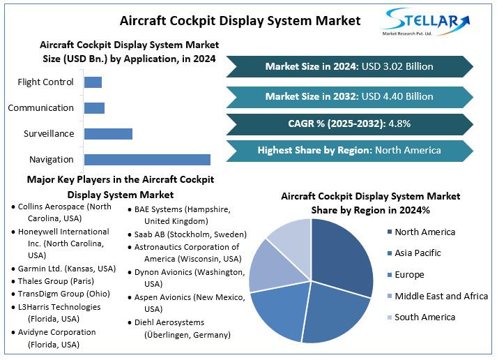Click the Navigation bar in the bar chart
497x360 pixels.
[x=147, y=160]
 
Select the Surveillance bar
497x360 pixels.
[x=108, y=134]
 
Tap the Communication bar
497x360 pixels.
[x=94, y=108]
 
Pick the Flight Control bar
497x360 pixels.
[x=93, y=82]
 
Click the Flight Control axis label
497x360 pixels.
[x=45, y=82]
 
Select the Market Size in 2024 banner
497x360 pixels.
[x=349, y=67]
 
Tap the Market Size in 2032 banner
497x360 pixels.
[x=349, y=96]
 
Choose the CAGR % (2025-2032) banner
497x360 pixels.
[x=349, y=124]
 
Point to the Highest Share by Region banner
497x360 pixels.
[x=349, y=150]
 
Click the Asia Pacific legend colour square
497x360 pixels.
[x=388, y=253]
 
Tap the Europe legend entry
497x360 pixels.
[x=419, y=275]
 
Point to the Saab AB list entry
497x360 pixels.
[x=187, y=234]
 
